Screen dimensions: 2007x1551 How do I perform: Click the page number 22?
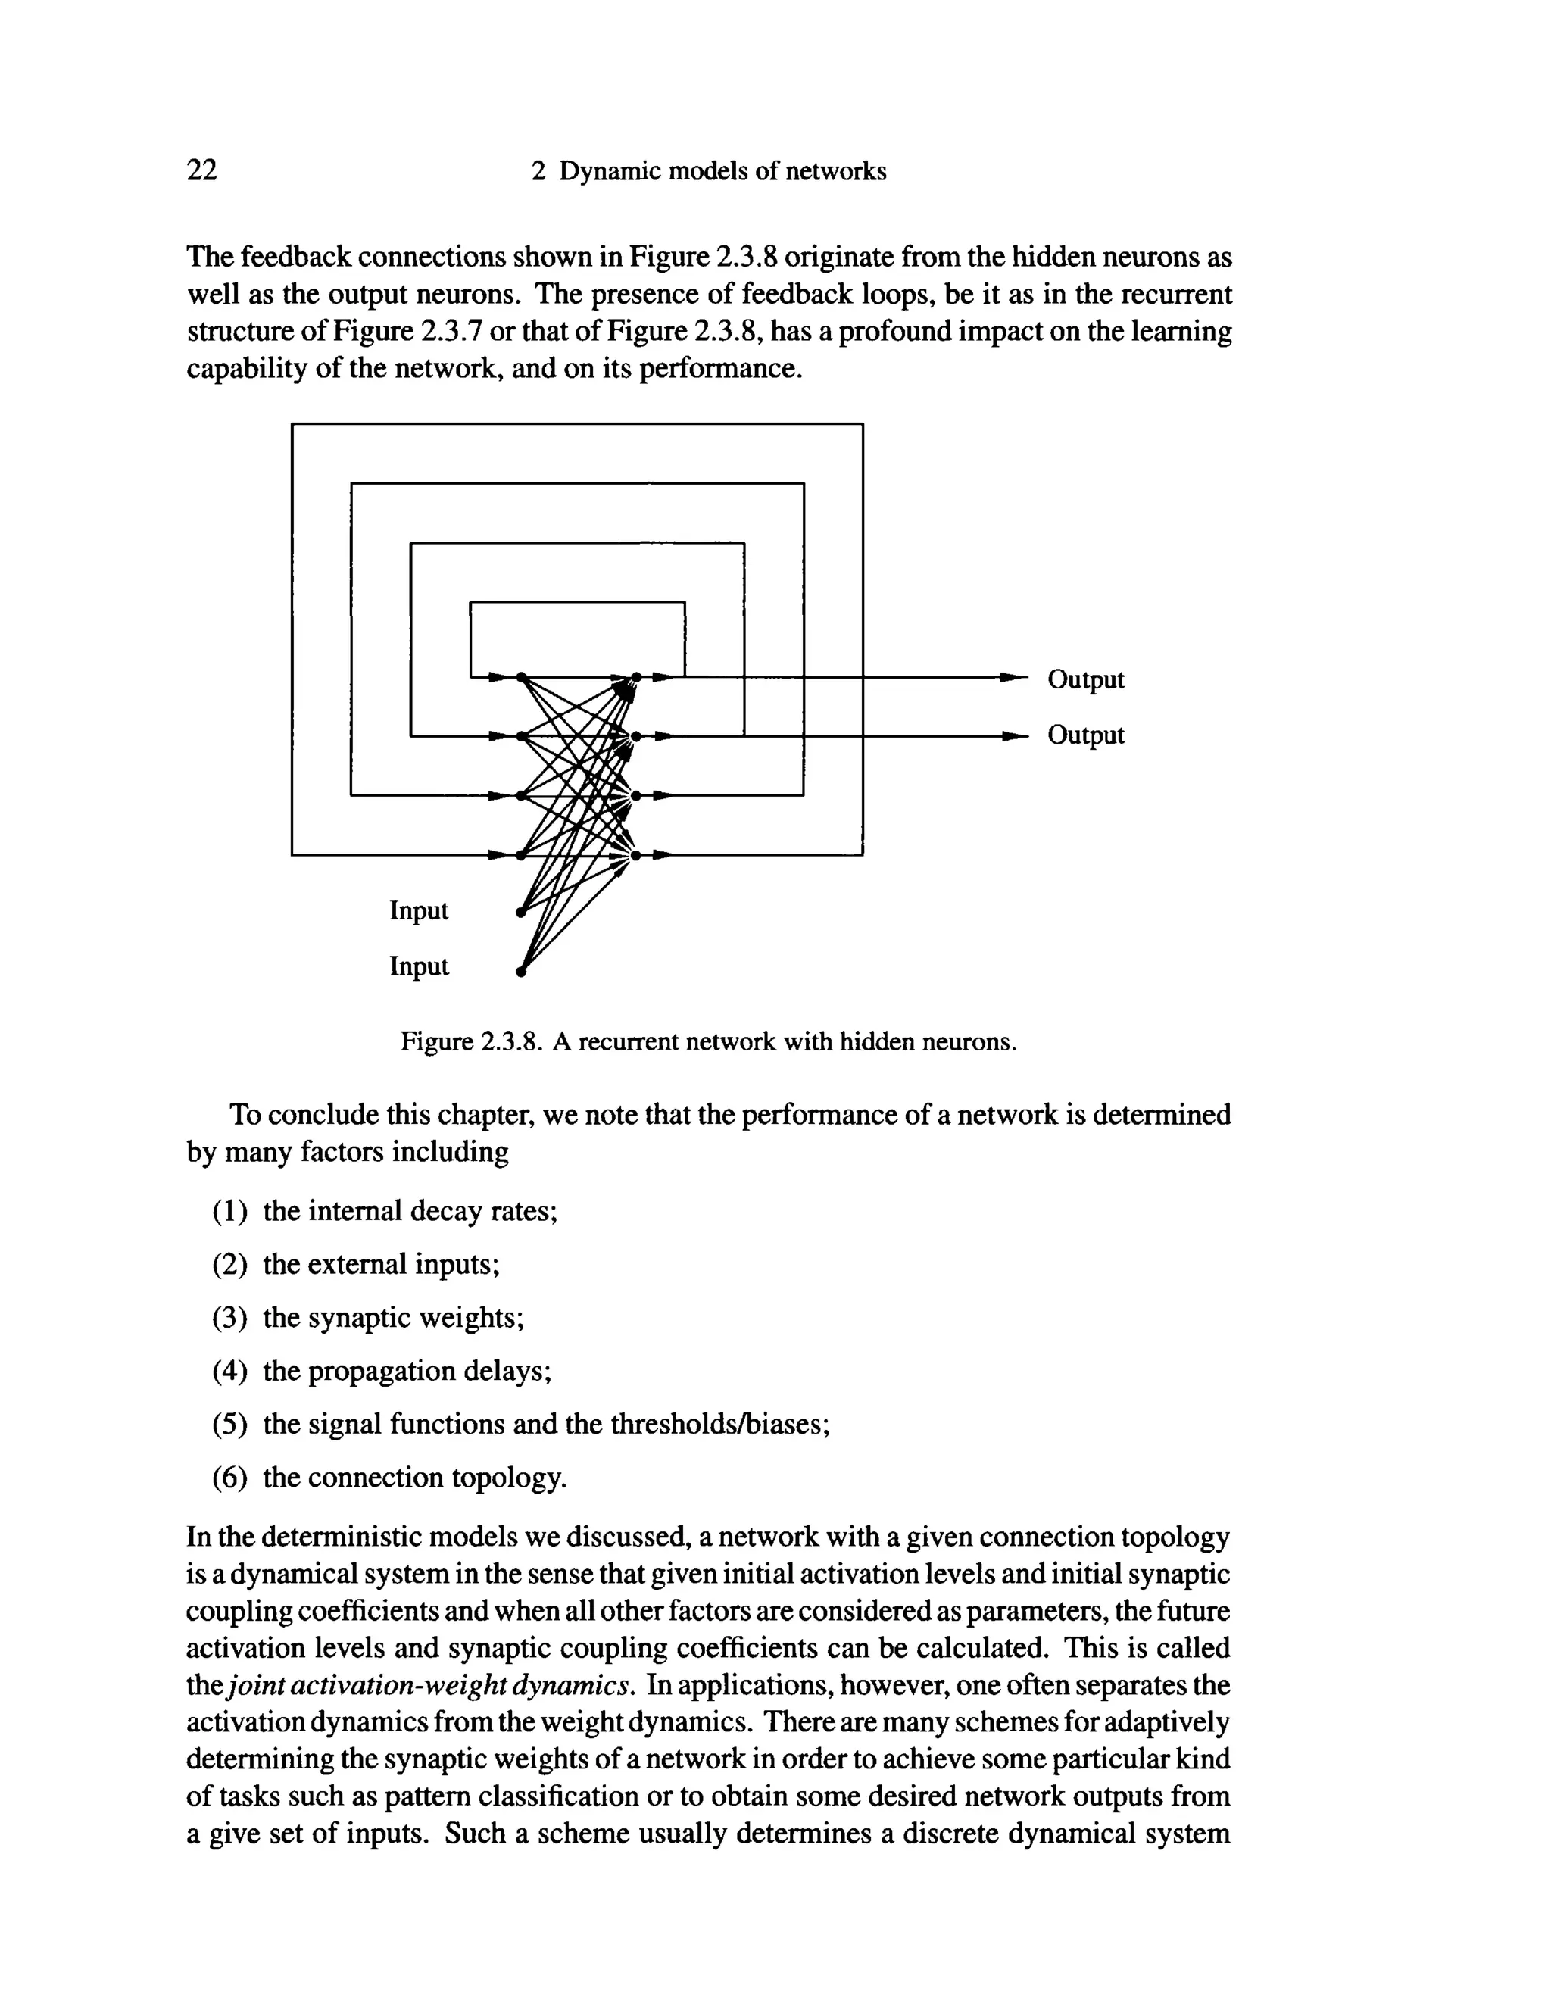(x=202, y=171)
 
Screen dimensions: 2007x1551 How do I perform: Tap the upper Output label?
(x=1085, y=680)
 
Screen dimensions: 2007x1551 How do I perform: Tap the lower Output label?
(x=1085, y=736)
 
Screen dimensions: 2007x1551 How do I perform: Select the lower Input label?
(x=419, y=966)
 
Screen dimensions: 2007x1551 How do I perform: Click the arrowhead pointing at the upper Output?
(x=1013, y=678)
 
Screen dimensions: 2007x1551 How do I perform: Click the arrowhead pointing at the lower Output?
(x=1013, y=736)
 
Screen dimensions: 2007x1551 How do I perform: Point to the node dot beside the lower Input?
(x=520, y=972)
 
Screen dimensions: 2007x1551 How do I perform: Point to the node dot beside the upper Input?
(x=520, y=913)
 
